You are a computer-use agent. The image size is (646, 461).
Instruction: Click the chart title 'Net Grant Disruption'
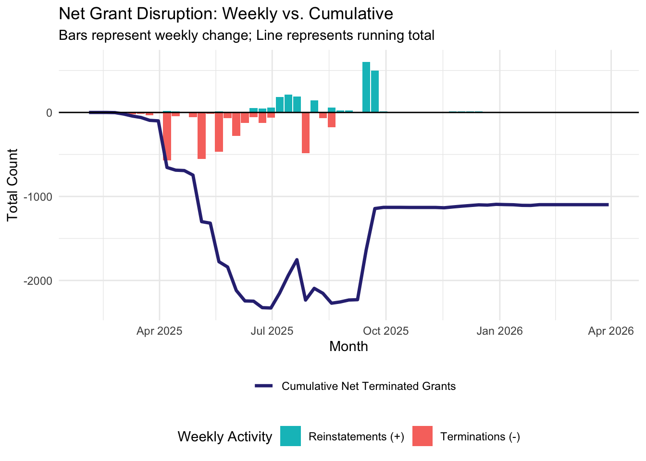tap(225, 14)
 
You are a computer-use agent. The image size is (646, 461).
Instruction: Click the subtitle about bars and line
tap(246, 36)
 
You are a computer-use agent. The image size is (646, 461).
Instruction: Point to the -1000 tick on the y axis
tap(39, 196)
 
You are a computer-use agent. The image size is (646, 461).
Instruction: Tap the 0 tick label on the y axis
tap(49, 113)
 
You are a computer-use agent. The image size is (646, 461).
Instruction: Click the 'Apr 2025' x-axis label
tap(159, 331)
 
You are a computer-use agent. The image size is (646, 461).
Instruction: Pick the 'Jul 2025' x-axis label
tap(272, 331)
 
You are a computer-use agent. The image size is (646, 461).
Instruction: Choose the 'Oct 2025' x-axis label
tap(385, 331)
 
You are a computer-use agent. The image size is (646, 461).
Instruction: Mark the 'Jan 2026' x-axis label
tap(499, 331)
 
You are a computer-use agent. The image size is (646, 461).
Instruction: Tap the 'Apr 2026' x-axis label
tap(611, 331)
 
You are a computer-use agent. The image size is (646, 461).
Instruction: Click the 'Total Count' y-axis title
tap(13, 185)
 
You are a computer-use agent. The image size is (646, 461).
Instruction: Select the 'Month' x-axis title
tap(348, 347)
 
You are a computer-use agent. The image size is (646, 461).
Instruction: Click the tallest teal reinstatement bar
tap(366, 87)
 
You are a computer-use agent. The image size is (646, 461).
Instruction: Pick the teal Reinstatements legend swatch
tap(290, 436)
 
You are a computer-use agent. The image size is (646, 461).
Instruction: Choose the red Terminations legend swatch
tap(422, 436)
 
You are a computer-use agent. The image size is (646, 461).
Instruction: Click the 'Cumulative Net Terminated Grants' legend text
tap(368, 387)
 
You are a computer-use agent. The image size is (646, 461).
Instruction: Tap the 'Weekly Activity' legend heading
tap(224, 437)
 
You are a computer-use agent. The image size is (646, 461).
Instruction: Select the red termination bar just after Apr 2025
tap(167, 136)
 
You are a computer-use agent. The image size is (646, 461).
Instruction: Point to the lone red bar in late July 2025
tap(306, 133)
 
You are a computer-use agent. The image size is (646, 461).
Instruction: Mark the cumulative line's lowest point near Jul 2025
tap(271, 308)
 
